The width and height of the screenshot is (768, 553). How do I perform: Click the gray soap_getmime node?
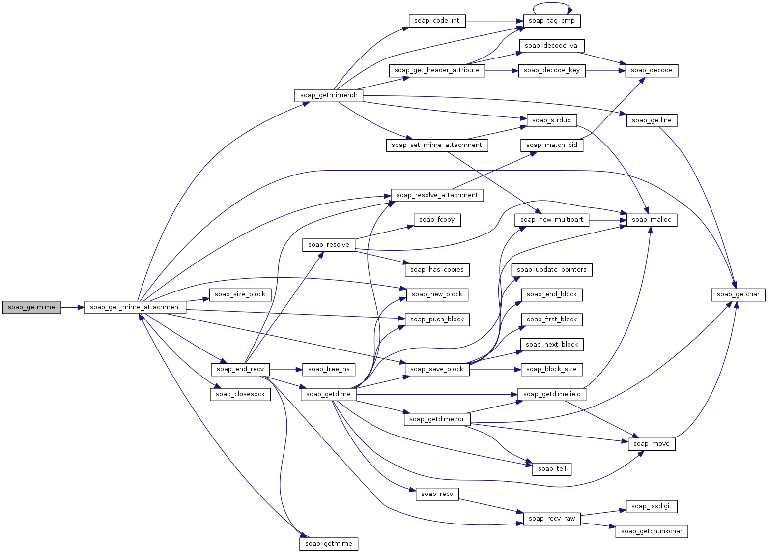tap(31, 307)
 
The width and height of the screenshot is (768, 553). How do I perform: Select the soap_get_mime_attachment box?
tap(135, 307)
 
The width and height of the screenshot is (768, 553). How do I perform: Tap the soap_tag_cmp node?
tap(552, 21)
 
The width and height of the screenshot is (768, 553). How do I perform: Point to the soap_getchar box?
tap(738, 294)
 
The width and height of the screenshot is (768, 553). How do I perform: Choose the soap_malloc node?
tap(652, 220)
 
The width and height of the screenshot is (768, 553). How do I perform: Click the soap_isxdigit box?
tap(652, 506)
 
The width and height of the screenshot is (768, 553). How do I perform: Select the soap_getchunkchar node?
tap(652, 531)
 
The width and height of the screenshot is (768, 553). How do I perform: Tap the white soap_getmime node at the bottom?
tap(329, 544)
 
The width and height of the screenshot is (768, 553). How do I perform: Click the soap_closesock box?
tap(240, 394)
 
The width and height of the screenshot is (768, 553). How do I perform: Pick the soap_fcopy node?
tap(437, 220)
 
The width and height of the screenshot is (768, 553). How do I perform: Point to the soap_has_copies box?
tap(437, 270)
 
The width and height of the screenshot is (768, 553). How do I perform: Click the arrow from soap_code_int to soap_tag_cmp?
tap(494, 21)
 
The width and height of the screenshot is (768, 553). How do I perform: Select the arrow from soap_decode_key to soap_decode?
tap(605, 70)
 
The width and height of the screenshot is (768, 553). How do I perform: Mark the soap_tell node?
tap(552, 469)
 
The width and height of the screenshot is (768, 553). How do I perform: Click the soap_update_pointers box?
tap(552, 270)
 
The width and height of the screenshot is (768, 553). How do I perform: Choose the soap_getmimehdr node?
tap(329, 95)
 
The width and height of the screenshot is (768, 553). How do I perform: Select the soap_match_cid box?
tap(552, 145)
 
